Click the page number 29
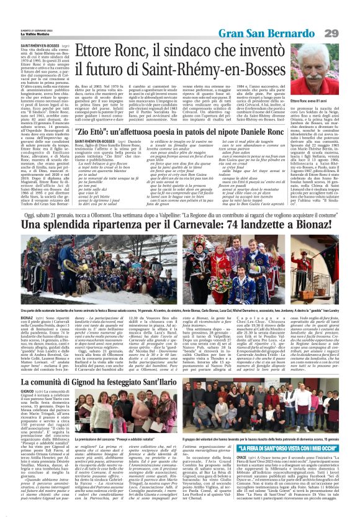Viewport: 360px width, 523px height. tap(348, 32)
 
